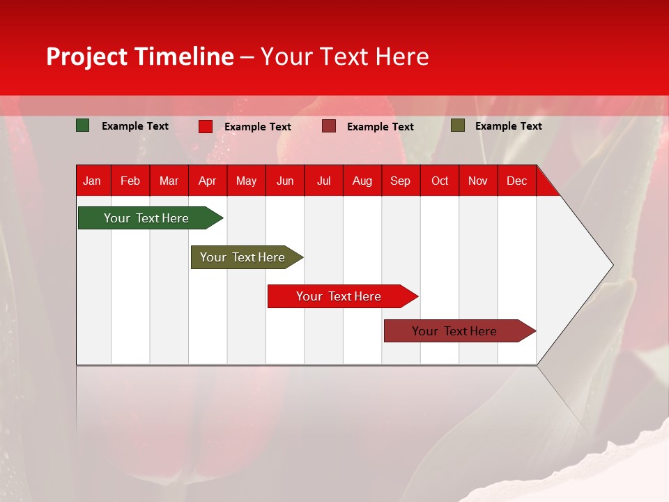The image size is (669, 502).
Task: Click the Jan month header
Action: [92, 181]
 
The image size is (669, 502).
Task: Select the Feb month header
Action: [130, 181]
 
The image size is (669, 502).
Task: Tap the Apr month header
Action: [208, 181]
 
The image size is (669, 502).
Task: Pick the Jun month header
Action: [285, 181]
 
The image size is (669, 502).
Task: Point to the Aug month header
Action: [362, 181]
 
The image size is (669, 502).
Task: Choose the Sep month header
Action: [401, 181]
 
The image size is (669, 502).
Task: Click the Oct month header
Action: [440, 181]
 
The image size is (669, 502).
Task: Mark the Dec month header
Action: [517, 181]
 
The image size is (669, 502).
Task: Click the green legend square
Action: [83, 125]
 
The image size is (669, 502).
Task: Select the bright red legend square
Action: [206, 126]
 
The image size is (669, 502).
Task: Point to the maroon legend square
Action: [329, 126]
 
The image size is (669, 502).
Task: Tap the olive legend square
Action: [458, 125]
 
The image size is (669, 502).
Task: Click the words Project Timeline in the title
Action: [140, 56]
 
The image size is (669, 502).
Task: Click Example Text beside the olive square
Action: [509, 126]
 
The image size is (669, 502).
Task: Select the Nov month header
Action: [478, 181]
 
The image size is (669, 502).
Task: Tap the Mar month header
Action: [169, 181]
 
